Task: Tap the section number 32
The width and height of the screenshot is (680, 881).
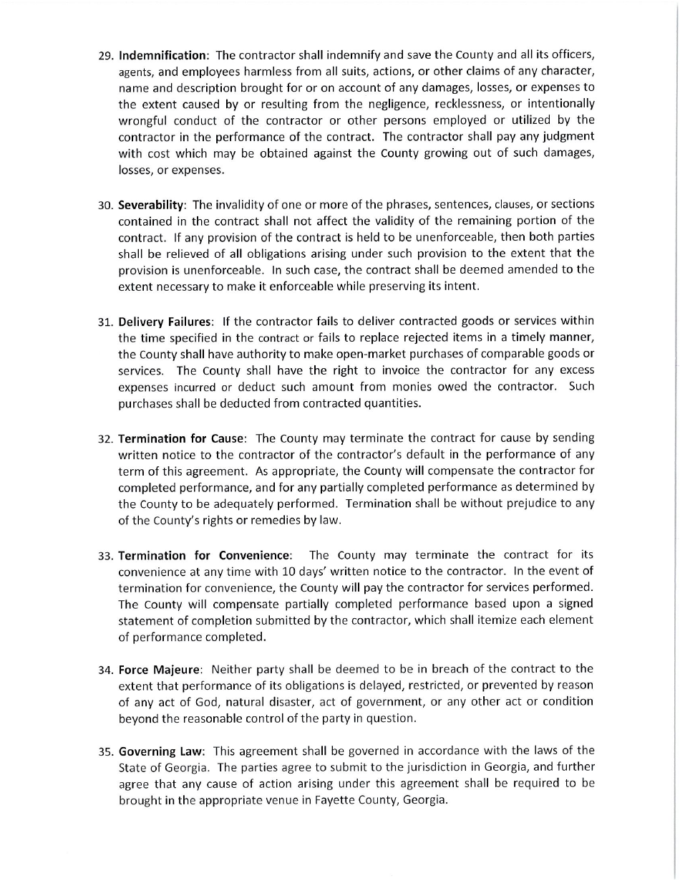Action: (x=106, y=438)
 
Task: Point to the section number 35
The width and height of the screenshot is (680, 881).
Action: (x=106, y=752)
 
